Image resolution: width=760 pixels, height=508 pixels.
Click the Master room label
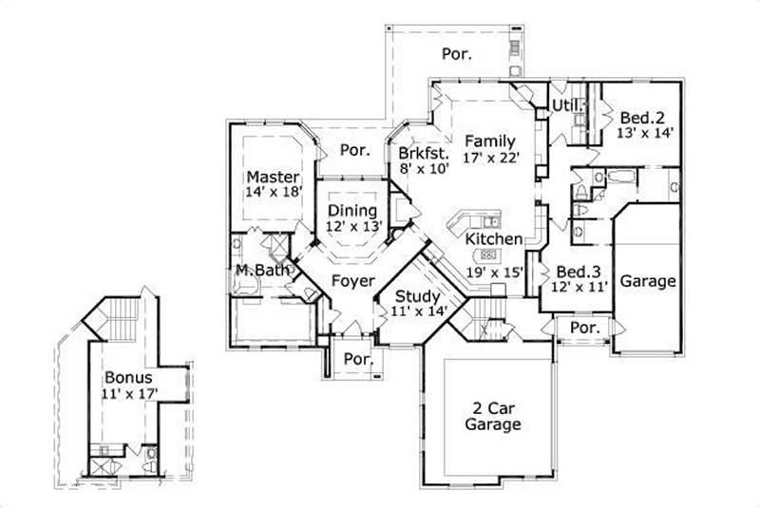click(274, 177)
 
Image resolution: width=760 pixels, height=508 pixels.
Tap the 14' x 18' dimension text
click(274, 192)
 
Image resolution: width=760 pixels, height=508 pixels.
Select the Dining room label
click(352, 211)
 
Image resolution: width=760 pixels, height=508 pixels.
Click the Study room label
click(416, 295)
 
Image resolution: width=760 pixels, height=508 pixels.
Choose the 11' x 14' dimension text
click(416, 310)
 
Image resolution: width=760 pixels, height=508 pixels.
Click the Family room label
click(490, 141)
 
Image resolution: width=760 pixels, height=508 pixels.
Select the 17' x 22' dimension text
click(491, 158)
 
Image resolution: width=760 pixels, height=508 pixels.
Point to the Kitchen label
click(494, 239)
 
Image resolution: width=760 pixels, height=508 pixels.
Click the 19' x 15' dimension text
click(494, 272)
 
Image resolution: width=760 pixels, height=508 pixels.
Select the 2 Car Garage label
click(492, 417)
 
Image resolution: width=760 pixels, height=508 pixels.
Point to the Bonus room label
click(128, 377)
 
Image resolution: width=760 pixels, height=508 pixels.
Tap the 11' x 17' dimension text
click(129, 392)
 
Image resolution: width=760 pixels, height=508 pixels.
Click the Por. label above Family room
click(456, 54)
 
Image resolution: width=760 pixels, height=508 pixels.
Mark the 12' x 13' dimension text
click(352, 227)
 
